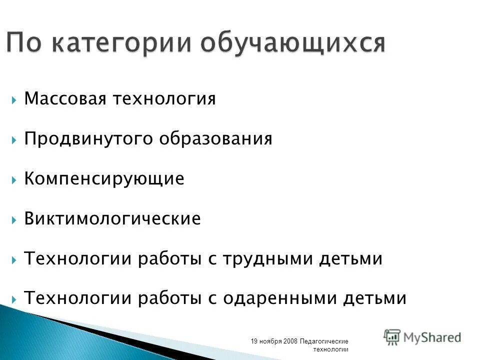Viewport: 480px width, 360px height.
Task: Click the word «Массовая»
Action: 65,99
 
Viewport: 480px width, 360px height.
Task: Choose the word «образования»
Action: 216,139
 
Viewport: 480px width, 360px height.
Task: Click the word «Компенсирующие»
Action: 104,179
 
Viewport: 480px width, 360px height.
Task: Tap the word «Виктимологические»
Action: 112,219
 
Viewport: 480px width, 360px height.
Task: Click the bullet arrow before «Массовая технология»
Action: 14,99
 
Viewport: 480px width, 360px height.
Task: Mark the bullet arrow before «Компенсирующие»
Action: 14,179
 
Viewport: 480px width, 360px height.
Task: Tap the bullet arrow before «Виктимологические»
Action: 14,219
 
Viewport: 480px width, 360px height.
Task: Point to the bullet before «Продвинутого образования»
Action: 14,139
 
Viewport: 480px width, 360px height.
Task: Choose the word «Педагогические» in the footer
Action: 324,341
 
